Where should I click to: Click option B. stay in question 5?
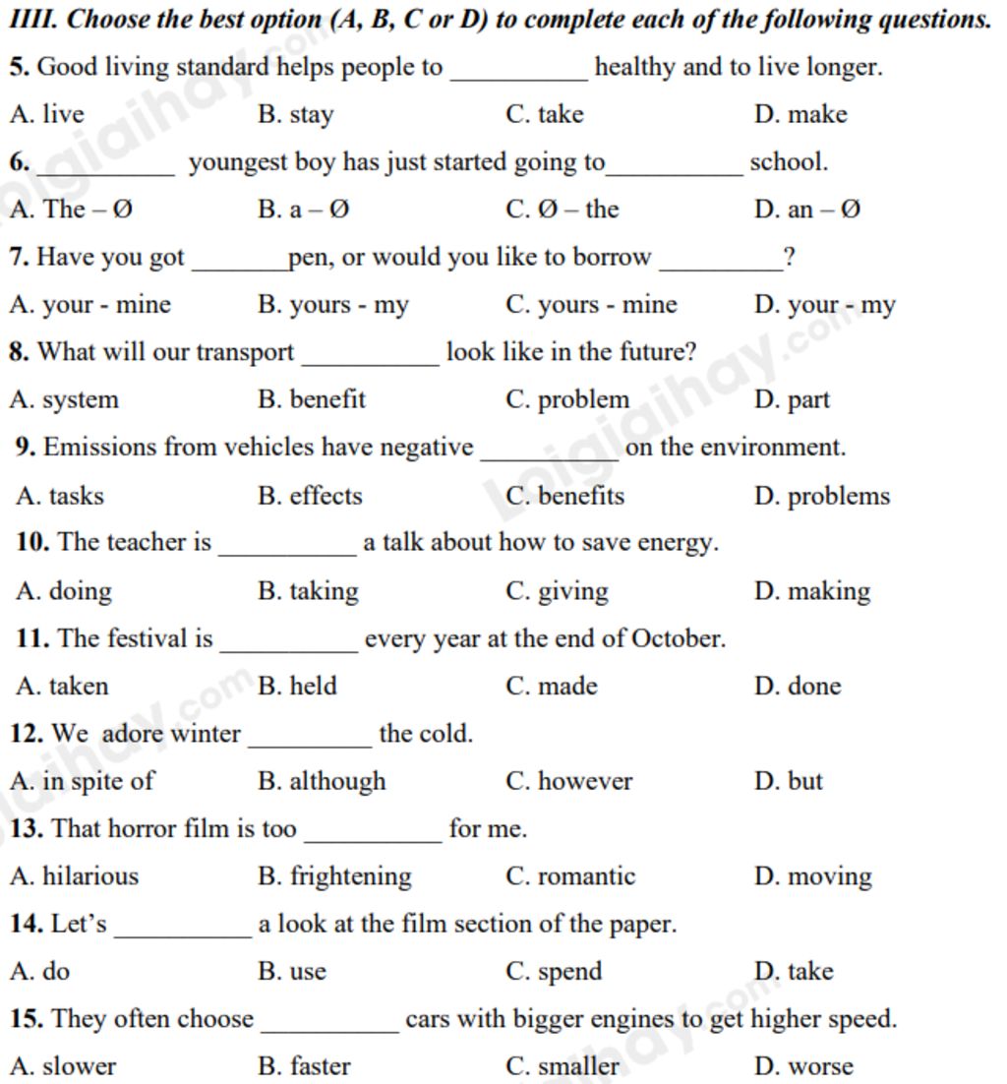coord(295,115)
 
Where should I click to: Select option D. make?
coord(800,115)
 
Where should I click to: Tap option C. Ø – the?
coord(562,210)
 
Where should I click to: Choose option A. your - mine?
coord(89,305)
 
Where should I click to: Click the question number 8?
coord(19,352)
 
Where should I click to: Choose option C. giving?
coord(557,591)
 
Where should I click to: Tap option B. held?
coord(297,687)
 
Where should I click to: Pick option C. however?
coord(568,782)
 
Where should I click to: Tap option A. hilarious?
coord(74,876)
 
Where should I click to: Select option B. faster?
coord(304,1066)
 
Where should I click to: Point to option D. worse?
coord(803,1066)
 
